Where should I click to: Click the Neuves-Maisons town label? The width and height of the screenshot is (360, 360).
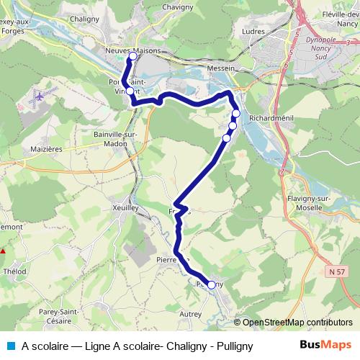pos(132,50)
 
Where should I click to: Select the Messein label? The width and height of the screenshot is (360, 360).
pos(222,68)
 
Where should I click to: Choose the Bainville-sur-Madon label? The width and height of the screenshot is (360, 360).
pos(111,138)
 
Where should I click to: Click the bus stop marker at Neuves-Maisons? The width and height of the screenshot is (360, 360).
pos(132,56)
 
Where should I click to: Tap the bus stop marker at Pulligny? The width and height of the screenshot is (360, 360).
pos(212,285)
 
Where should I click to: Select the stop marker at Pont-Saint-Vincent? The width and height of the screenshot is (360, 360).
pos(130,91)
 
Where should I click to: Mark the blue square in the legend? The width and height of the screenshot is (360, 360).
pos(11,345)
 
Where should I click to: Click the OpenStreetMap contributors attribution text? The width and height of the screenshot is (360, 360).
pos(296,323)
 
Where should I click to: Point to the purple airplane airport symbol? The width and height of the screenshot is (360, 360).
pos(38,95)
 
